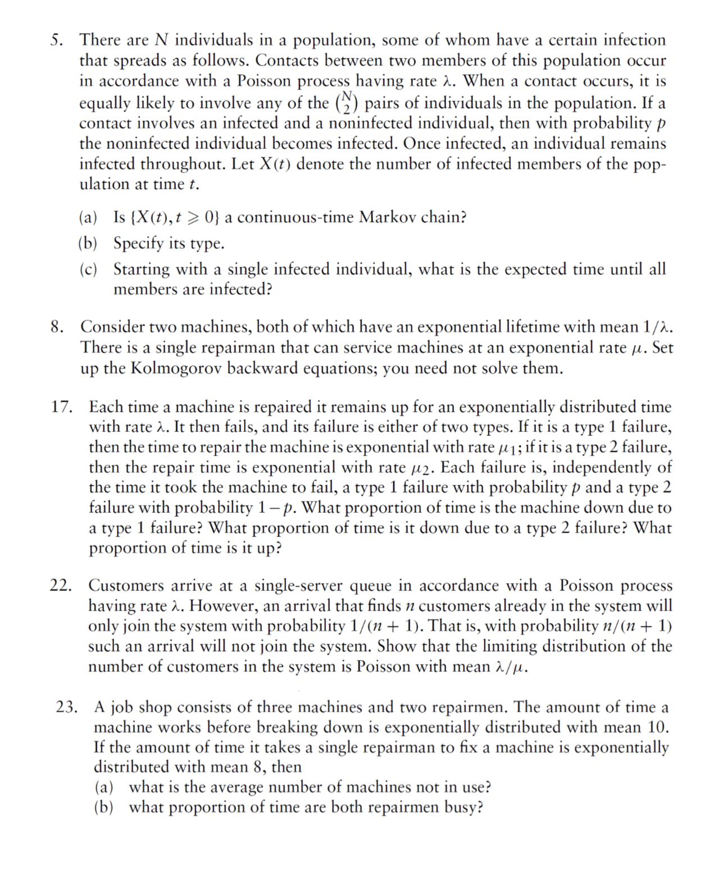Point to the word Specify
coord(139,243)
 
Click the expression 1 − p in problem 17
coord(276,508)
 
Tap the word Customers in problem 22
coord(126,586)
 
